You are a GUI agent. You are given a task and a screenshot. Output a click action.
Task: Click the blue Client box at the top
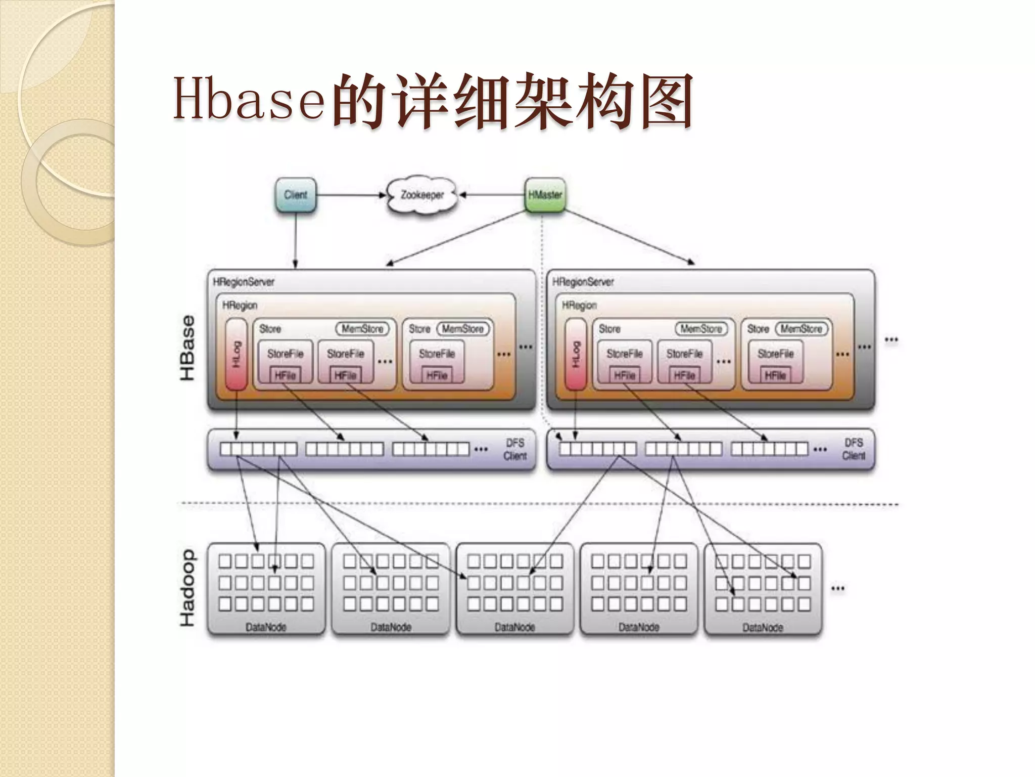296,195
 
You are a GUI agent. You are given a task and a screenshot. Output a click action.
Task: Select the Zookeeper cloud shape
422,195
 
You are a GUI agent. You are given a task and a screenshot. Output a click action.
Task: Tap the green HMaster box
545,195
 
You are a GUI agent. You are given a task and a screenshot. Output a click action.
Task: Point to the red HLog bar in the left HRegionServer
236,355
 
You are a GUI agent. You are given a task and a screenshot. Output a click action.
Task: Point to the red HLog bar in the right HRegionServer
575,355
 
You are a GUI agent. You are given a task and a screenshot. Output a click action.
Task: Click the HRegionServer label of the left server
244,282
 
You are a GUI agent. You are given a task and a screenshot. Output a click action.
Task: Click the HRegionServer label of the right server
583,282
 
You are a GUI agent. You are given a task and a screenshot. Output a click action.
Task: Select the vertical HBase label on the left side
187,348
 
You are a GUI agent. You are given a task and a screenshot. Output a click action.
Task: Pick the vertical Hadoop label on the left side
187,588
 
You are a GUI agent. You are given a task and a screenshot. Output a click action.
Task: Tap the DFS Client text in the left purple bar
514,449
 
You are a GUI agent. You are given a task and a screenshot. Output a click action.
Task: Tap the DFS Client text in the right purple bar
853,449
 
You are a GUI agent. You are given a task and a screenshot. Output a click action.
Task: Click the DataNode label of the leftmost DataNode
266,627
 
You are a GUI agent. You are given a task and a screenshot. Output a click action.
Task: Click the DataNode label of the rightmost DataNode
763,627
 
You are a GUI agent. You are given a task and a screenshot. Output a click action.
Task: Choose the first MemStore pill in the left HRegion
362,329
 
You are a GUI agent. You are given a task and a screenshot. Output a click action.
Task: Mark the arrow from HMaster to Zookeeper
493,195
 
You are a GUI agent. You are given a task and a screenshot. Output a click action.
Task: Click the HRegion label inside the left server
240,306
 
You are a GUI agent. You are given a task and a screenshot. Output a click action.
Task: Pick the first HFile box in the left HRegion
285,375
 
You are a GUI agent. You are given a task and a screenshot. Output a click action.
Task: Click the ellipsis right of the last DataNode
837,588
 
